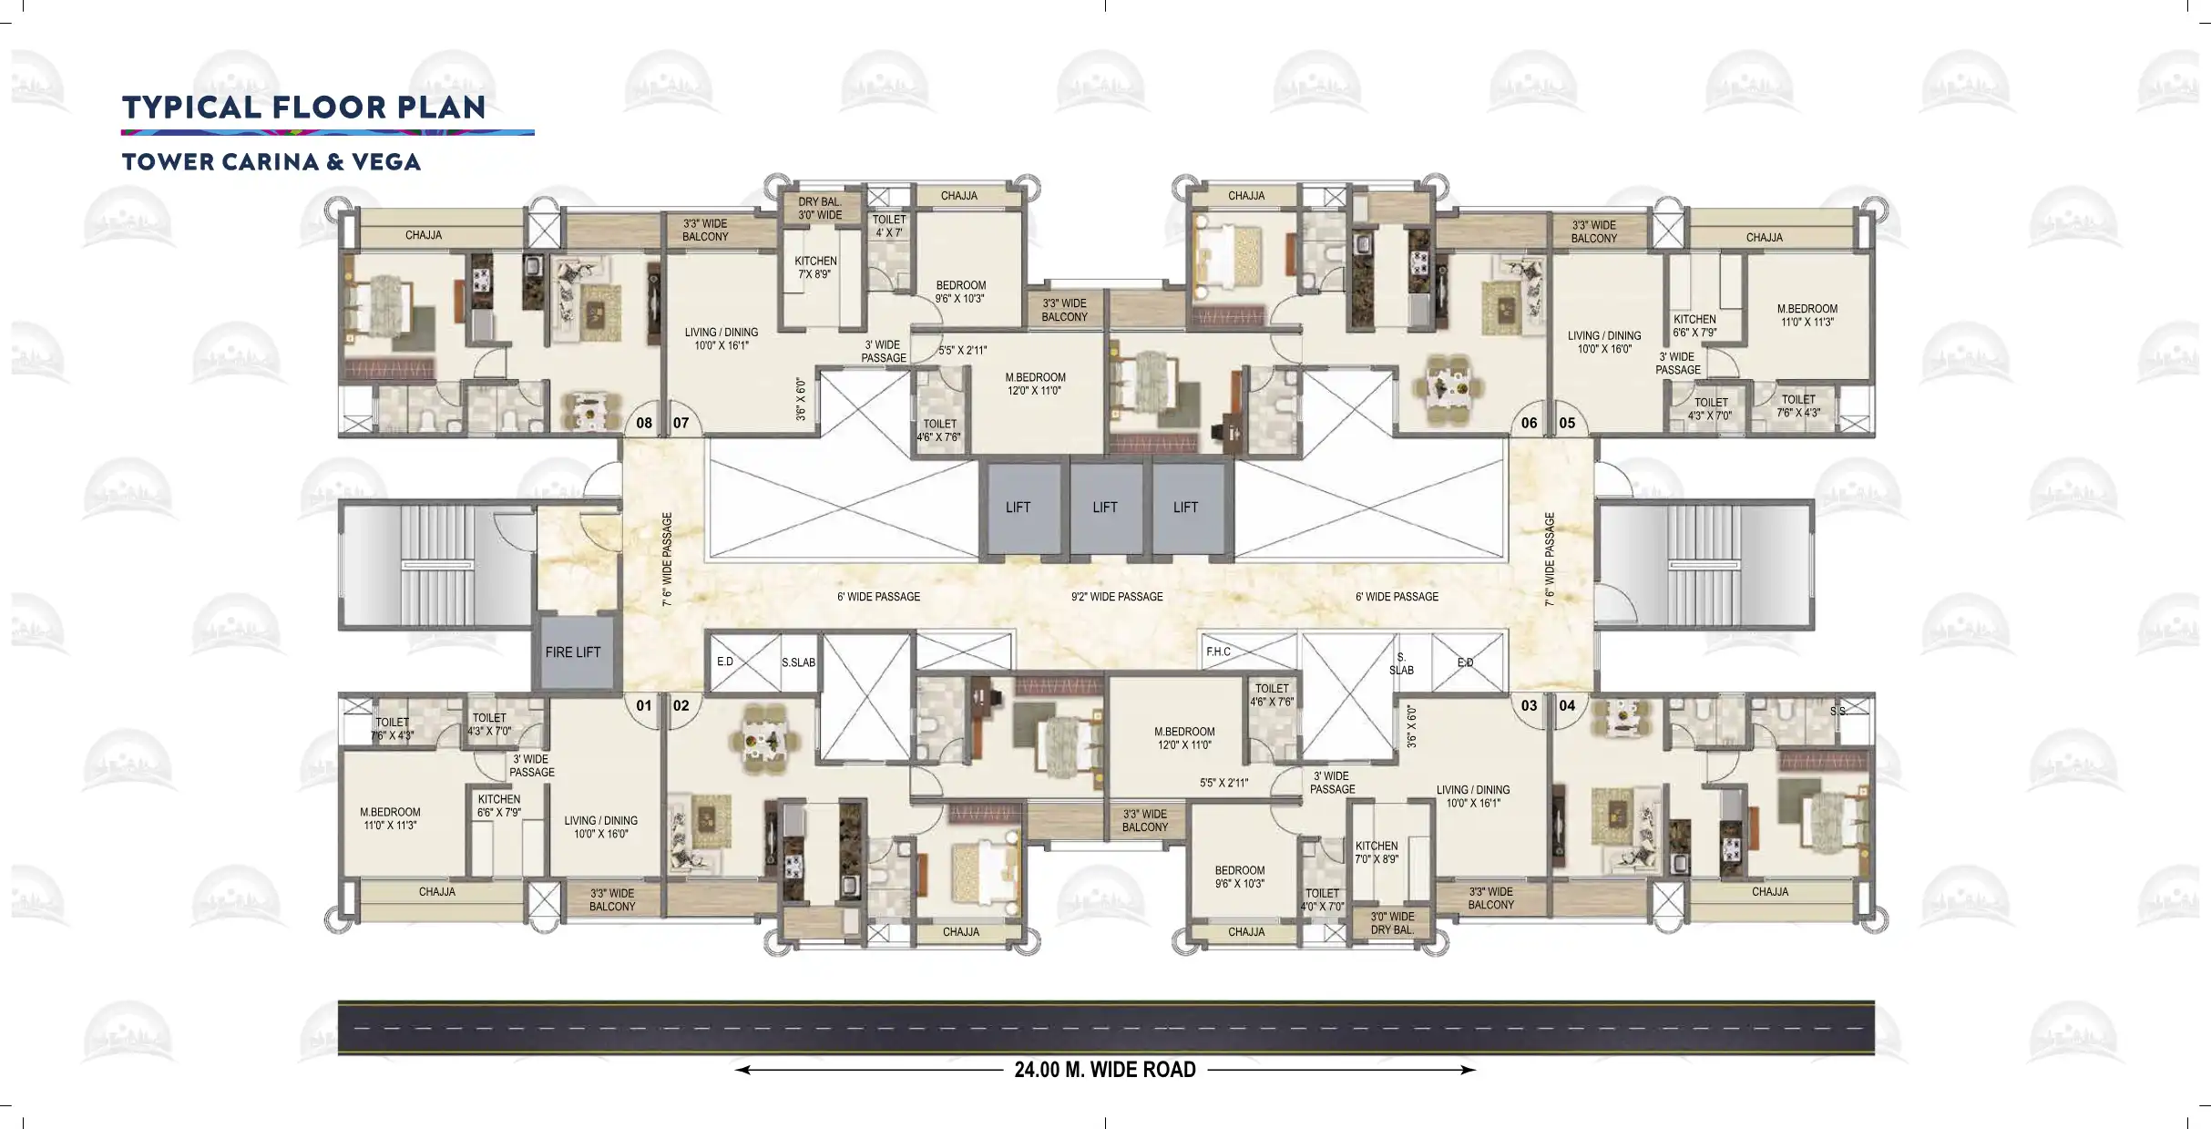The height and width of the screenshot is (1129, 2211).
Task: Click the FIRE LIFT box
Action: click(x=573, y=652)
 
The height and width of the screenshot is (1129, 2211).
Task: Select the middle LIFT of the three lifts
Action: click(x=1105, y=508)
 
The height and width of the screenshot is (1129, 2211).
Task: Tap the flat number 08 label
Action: click(x=644, y=423)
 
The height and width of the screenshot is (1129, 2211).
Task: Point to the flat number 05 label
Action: click(x=1567, y=423)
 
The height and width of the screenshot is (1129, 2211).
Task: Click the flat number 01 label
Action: click(x=644, y=705)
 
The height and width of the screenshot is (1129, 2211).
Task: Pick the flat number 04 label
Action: click(x=1567, y=705)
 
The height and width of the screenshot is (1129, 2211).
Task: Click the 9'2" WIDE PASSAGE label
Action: click(x=1117, y=597)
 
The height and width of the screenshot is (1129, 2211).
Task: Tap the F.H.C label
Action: click(x=1218, y=652)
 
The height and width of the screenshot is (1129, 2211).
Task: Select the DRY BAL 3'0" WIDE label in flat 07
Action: click(x=820, y=209)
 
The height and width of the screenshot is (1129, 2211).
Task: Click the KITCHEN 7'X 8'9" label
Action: click(x=815, y=268)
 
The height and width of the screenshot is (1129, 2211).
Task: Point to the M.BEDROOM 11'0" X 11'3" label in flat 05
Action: click(x=1807, y=315)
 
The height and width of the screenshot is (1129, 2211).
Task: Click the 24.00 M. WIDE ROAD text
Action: click(x=1105, y=1070)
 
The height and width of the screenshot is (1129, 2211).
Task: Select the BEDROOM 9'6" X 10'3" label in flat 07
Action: click(x=960, y=292)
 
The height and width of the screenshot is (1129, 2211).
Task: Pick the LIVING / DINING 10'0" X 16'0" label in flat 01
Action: click(x=601, y=827)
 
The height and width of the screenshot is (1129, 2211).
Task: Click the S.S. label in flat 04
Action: click(x=1838, y=711)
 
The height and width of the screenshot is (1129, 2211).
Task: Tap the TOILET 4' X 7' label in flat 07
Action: click(x=889, y=226)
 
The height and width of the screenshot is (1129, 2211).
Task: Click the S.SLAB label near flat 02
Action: click(x=798, y=662)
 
